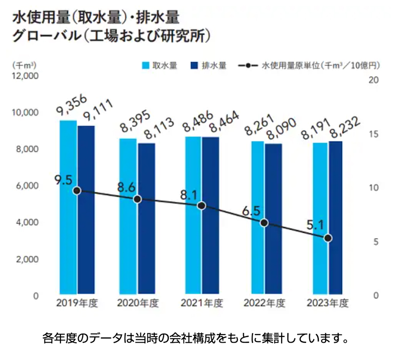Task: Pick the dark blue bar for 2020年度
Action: pyautogui.click(x=147, y=219)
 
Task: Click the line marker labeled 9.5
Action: pyautogui.click(x=77, y=190)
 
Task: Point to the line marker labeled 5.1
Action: pyautogui.click(x=328, y=238)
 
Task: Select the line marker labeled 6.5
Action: pyautogui.click(x=264, y=223)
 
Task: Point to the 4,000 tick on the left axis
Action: pyautogui.click(x=28, y=222)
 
